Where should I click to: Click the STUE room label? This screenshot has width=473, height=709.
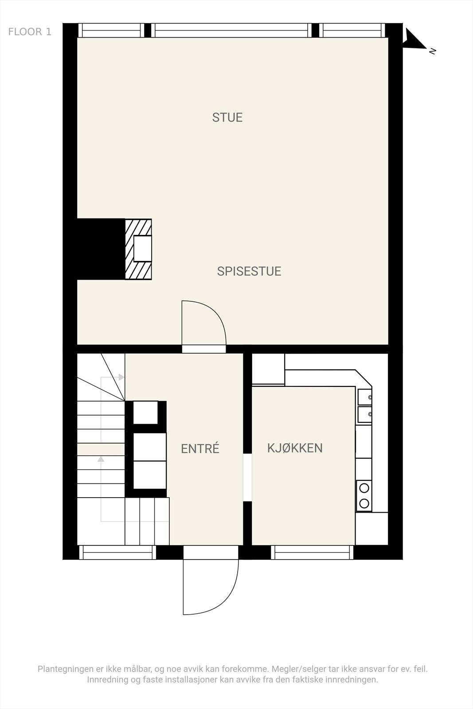click(x=227, y=117)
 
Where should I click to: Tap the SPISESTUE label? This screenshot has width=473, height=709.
click(x=249, y=271)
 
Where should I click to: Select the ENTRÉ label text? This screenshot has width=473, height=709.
click(x=200, y=449)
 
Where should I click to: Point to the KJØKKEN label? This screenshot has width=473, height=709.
click(x=295, y=448)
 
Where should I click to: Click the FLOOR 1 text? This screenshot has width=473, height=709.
click(x=30, y=32)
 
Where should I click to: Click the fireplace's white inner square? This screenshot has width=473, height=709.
click(x=143, y=249)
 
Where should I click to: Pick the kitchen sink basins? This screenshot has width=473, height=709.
click(x=364, y=406)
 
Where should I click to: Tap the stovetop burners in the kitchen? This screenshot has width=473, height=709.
click(x=364, y=495)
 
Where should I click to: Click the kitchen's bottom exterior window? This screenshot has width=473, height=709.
click(x=313, y=552)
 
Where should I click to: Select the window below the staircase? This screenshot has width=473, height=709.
click(x=117, y=552)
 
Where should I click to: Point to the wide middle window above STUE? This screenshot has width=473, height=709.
click(x=232, y=30)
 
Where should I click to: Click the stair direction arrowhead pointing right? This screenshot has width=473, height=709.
click(x=121, y=377)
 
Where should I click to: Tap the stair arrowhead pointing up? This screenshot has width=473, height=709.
click(x=101, y=459)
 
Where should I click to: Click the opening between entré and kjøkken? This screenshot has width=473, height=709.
click(x=247, y=477)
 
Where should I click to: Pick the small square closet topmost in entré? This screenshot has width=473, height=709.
click(x=145, y=412)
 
